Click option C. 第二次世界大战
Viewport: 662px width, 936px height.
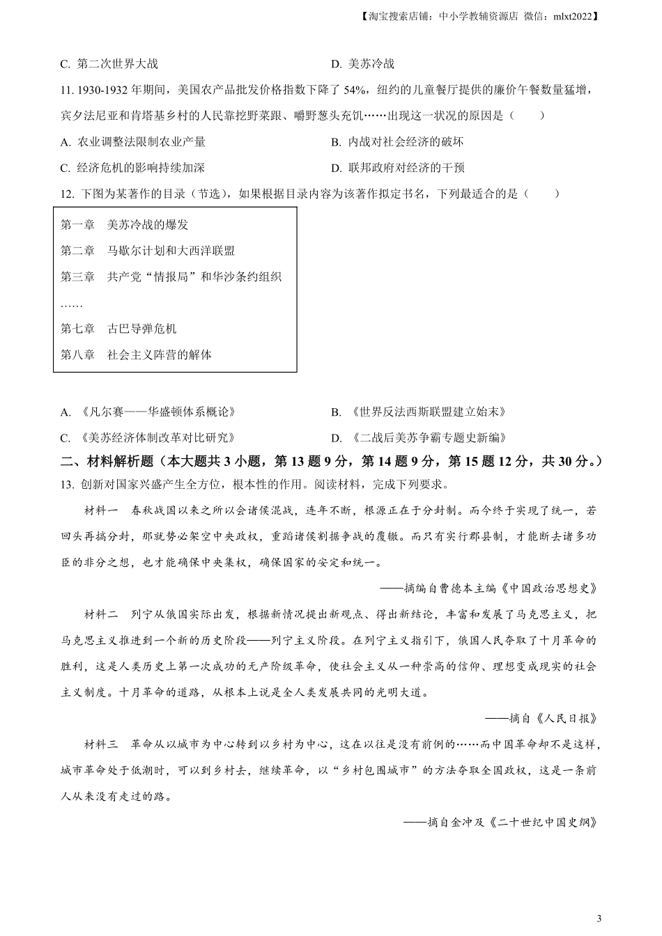point(109,64)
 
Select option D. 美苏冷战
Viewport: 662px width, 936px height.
point(363,64)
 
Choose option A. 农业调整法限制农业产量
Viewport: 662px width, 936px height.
point(133,142)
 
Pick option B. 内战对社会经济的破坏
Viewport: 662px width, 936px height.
point(397,142)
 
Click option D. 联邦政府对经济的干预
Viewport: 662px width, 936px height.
point(398,168)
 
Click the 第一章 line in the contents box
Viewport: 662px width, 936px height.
point(125,225)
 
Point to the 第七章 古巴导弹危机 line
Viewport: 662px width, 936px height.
point(119,329)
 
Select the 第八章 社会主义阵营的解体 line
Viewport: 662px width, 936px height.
point(136,354)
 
